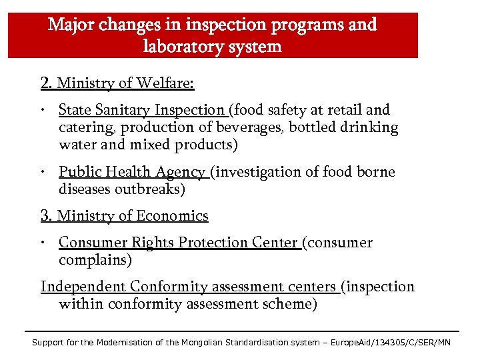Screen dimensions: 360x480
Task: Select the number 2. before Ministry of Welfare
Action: click(47, 83)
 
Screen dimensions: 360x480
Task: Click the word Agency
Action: click(180, 173)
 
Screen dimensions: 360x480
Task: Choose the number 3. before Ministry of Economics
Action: click(47, 216)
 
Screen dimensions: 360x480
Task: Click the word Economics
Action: click(173, 216)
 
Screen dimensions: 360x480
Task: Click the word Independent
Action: click(84, 287)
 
